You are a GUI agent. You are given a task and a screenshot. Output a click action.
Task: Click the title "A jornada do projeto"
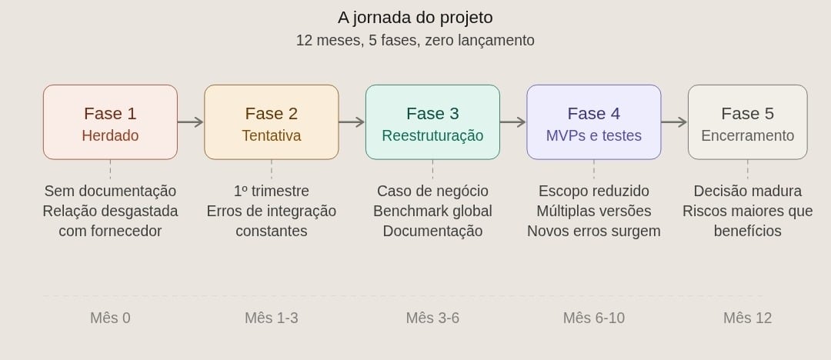pos(415,18)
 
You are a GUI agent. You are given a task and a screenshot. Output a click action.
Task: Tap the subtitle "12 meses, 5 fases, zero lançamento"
pos(415,40)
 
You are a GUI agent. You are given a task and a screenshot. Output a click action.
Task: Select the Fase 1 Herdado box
pos(110,122)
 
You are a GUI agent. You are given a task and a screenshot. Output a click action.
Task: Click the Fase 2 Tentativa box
pos(272,122)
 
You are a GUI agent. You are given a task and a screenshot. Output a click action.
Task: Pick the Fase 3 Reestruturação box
pos(432,122)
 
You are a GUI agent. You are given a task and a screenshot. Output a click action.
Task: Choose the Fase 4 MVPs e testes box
pos(593,122)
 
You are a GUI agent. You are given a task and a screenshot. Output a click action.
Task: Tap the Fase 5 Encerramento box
pos(747,122)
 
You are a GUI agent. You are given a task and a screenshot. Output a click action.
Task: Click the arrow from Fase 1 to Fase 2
pos(191,122)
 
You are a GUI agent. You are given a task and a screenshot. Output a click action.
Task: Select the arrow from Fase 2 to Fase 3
pos(352,122)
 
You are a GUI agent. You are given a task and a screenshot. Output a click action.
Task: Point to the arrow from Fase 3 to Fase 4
pos(513,122)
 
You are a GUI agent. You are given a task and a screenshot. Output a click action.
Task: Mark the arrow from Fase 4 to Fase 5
pos(675,122)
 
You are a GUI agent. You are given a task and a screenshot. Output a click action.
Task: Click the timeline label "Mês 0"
pos(110,318)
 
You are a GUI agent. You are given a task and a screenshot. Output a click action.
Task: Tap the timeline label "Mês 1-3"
pos(272,318)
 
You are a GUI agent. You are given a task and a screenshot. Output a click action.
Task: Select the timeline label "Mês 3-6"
pos(432,318)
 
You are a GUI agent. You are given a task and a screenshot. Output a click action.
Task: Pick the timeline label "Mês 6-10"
pos(593,318)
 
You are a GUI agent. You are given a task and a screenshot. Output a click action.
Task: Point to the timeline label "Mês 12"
pos(747,318)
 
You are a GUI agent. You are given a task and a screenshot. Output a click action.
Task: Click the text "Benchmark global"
pos(432,211)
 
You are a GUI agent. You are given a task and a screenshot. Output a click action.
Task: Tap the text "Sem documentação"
pos(110,191)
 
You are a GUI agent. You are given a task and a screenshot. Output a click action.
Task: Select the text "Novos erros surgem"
pos(593,232)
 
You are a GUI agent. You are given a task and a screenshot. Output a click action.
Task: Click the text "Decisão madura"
pos(747,191)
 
